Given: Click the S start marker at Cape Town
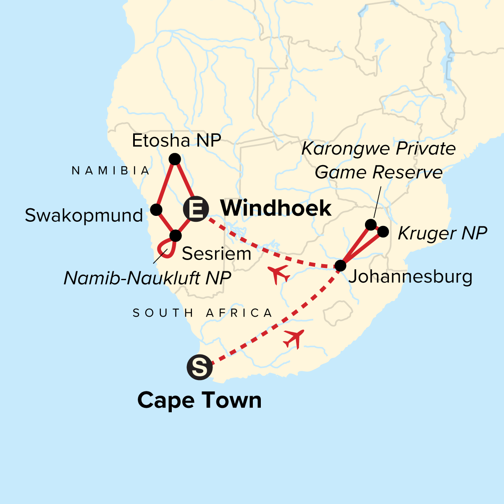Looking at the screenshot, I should point(199,367).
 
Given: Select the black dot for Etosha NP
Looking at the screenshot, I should point(174,159).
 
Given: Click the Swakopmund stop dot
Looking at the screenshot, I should point(156,210).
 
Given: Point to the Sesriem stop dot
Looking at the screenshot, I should point(175,235).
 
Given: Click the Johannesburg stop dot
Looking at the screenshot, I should point(340,265).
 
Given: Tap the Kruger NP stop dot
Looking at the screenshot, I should point(383,231).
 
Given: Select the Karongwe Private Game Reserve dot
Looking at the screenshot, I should point(370,225).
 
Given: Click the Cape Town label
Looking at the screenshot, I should point(199,400).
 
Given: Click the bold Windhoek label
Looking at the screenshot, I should point(276,208).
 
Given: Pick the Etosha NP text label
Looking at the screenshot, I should point(176,141).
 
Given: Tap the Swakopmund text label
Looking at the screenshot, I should point(84,215).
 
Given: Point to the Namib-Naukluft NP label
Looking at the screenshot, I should point(147,278).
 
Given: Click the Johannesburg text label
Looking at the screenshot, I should point(410,277).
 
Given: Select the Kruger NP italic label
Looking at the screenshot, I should point(442,233).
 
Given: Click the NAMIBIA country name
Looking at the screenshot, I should point(111,171).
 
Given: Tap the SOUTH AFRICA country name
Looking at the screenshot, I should point(203,313).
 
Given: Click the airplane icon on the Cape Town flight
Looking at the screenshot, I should point(294,338).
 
